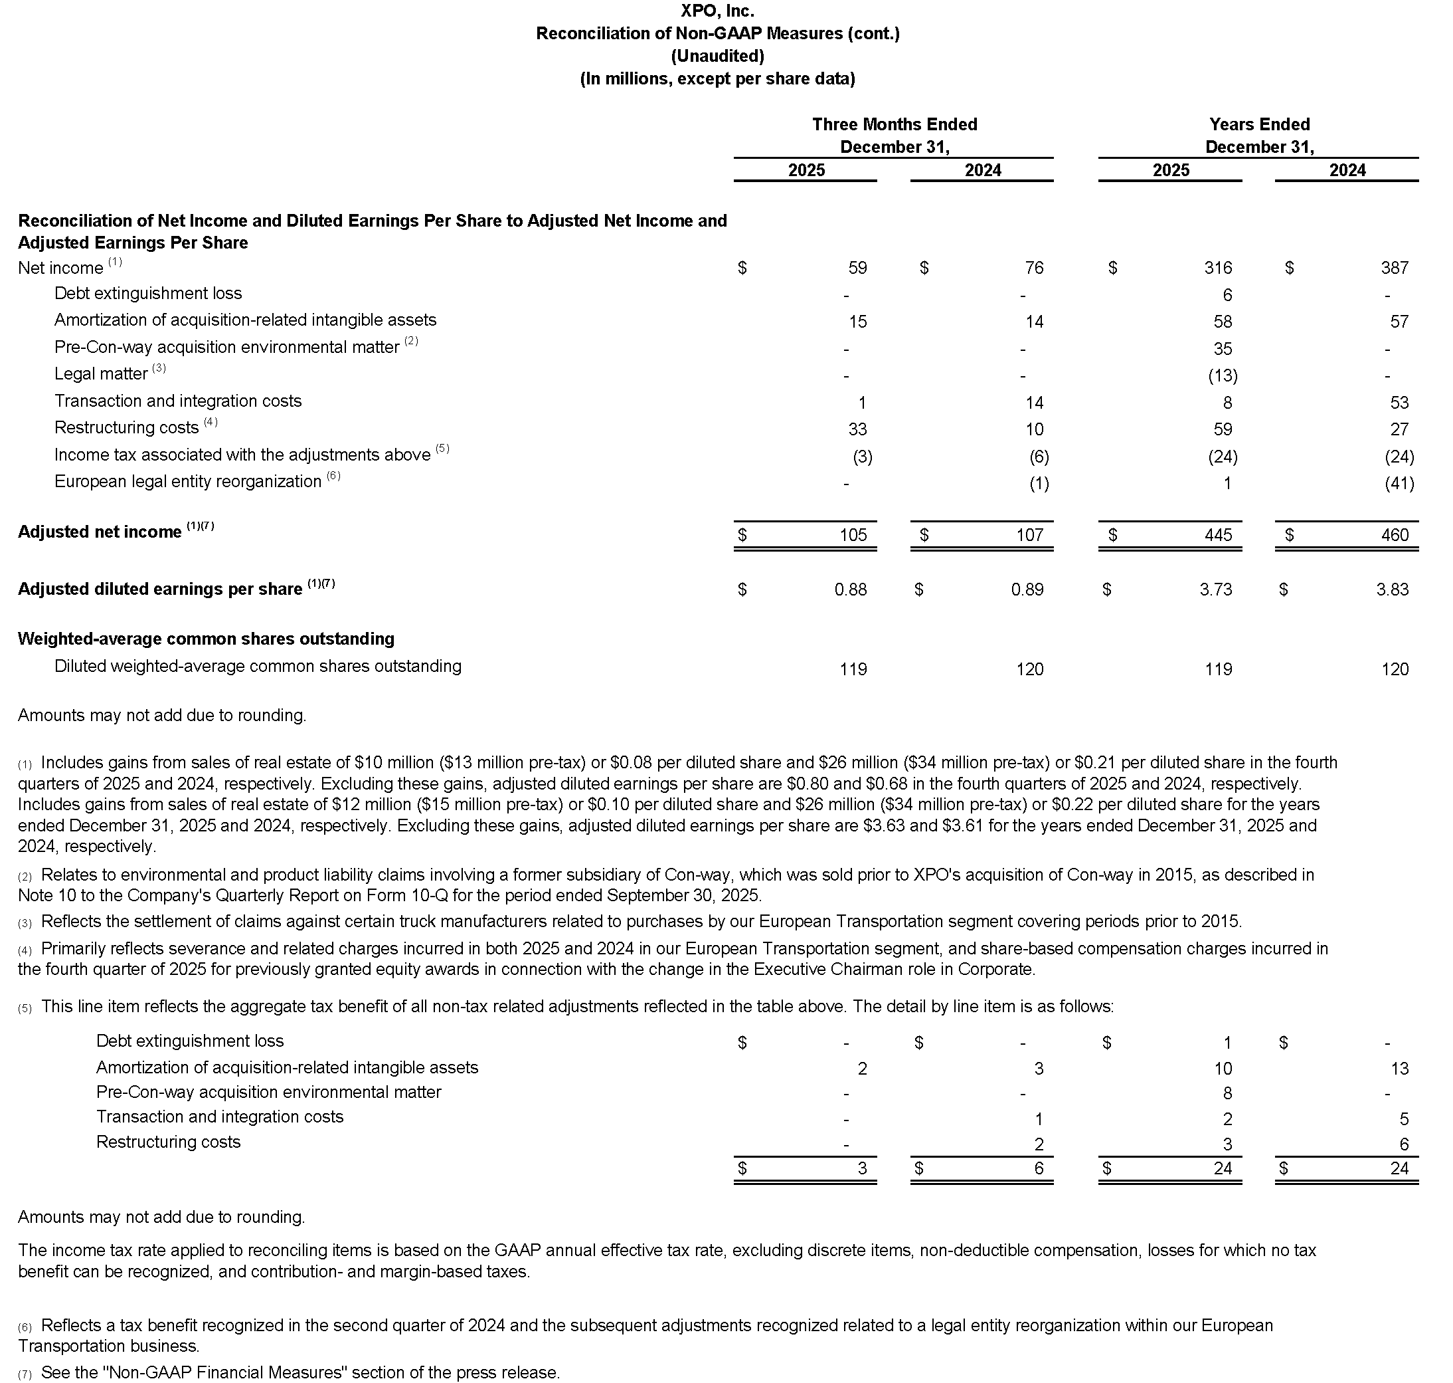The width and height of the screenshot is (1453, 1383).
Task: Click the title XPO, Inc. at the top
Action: tap(717, 11)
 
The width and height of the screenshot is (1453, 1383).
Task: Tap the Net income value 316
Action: tap(1217, 268)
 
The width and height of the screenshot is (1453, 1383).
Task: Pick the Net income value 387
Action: tap(1394, 268)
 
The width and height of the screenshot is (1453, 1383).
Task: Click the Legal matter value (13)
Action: tap(1223, 376)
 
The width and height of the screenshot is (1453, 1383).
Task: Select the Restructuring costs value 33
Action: tap(857, 429)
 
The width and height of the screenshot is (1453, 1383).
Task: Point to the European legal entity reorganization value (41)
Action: tap(1399, 484)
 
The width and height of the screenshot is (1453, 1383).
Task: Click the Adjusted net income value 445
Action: tap(1217, 535)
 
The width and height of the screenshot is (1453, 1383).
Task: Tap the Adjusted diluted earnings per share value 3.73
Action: tap(1215, 589)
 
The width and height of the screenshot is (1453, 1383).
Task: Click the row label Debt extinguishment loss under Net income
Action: tap(148, 293)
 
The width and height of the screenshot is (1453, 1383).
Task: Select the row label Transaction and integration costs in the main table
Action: tap(177, 401)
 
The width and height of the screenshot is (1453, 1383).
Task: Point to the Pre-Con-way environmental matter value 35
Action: tap(1223, 349)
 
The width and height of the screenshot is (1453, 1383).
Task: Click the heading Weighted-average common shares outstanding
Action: tap(206, 639)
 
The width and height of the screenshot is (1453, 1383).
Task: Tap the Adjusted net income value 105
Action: tap(853, 535)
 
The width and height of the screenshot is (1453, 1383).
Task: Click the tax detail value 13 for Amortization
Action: tap(1399, 1069)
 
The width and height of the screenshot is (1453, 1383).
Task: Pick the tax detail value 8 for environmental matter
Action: tap(1227, 1093)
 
